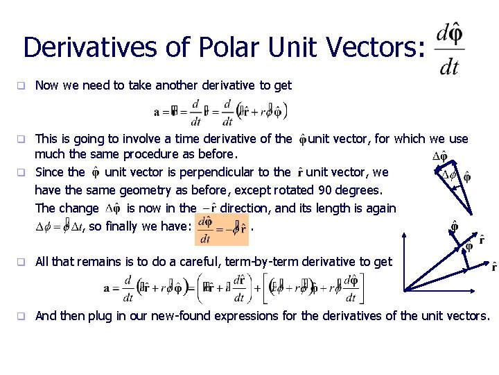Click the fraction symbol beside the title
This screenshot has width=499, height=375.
pyautogui.click(x=449, y=49)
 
